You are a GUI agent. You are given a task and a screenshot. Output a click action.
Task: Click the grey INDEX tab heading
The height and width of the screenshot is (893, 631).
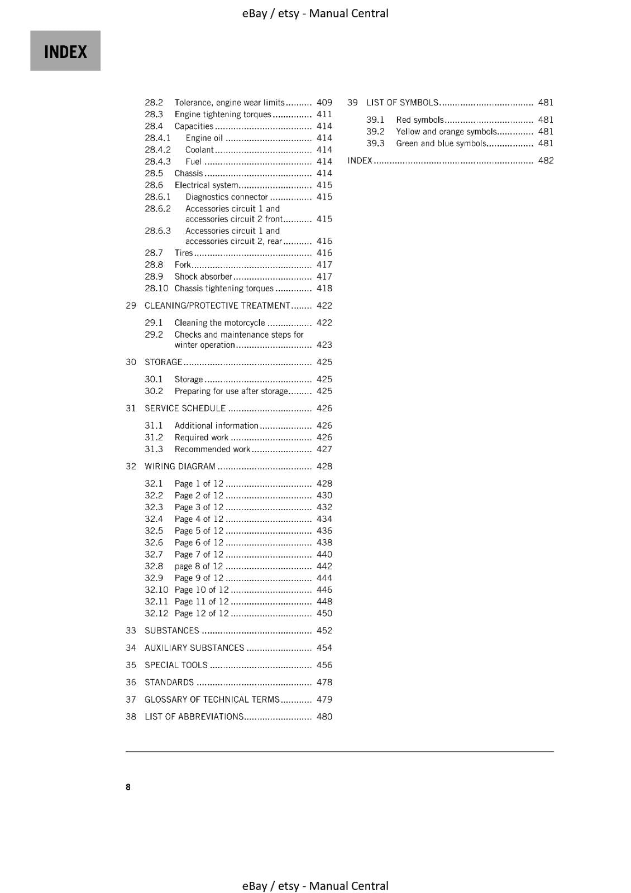pyautogui.click(x=65, y=51)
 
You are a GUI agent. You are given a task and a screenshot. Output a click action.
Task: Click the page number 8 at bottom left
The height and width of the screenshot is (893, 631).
pyautogui.click(x=128, y=787)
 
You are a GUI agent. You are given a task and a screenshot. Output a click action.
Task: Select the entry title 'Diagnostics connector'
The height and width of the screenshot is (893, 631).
pyautogui.click(x=227, y=197)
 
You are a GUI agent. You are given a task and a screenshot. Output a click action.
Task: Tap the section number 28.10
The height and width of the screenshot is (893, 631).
pyautogui.click(x=156, y=289)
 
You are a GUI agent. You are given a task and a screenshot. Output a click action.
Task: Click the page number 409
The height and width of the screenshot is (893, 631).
pyautogui.click(x=324, y=103)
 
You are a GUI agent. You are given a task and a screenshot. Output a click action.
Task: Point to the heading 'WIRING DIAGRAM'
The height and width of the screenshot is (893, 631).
pyautogui.click(x=180, y=467)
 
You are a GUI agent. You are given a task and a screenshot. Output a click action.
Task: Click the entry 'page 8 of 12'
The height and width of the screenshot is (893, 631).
pyautogui.click(x=198, y=566)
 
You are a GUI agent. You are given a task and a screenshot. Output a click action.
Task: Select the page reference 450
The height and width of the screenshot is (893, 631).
pyautogui.click(x=324, y=613)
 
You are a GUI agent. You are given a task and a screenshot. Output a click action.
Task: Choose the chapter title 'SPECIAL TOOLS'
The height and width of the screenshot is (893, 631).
pyautogui.click(x=176, y=665)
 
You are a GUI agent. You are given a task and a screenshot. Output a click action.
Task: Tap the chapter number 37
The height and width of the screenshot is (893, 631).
pyautogui.click(x=131, y=699)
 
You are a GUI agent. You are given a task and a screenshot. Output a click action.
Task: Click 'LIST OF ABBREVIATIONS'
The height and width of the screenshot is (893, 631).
pyautogui.click(x=194, y=717)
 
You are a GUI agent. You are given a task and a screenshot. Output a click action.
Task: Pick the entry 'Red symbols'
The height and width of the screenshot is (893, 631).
pyautogui.click(x=419, y=120)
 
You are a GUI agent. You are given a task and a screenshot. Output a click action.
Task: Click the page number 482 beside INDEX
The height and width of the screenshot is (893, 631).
pyautogui.click(x=546, y=161)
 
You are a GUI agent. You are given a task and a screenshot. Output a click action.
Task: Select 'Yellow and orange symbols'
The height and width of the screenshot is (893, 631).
pyautogui.click(x=446, y=132)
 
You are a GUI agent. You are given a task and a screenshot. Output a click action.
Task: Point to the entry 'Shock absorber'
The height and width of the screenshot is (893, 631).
pyautogui.click(x=203, y=277)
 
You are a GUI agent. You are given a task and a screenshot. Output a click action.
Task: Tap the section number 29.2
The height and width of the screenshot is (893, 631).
pyautogui.click(x=154, y=335)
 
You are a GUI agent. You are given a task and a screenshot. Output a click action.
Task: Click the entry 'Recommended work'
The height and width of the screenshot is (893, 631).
pyautogui.click(x=212, y=449)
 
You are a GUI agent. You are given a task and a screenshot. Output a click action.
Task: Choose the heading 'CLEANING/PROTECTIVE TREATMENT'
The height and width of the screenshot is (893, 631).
pyautogui.click(x=217, y=306)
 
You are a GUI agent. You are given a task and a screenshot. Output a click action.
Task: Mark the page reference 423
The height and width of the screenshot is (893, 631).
pyautogui.click(x=324, y=345)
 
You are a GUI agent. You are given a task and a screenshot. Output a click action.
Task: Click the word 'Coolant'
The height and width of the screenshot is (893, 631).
pyautogui.click(x=199, y=150)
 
